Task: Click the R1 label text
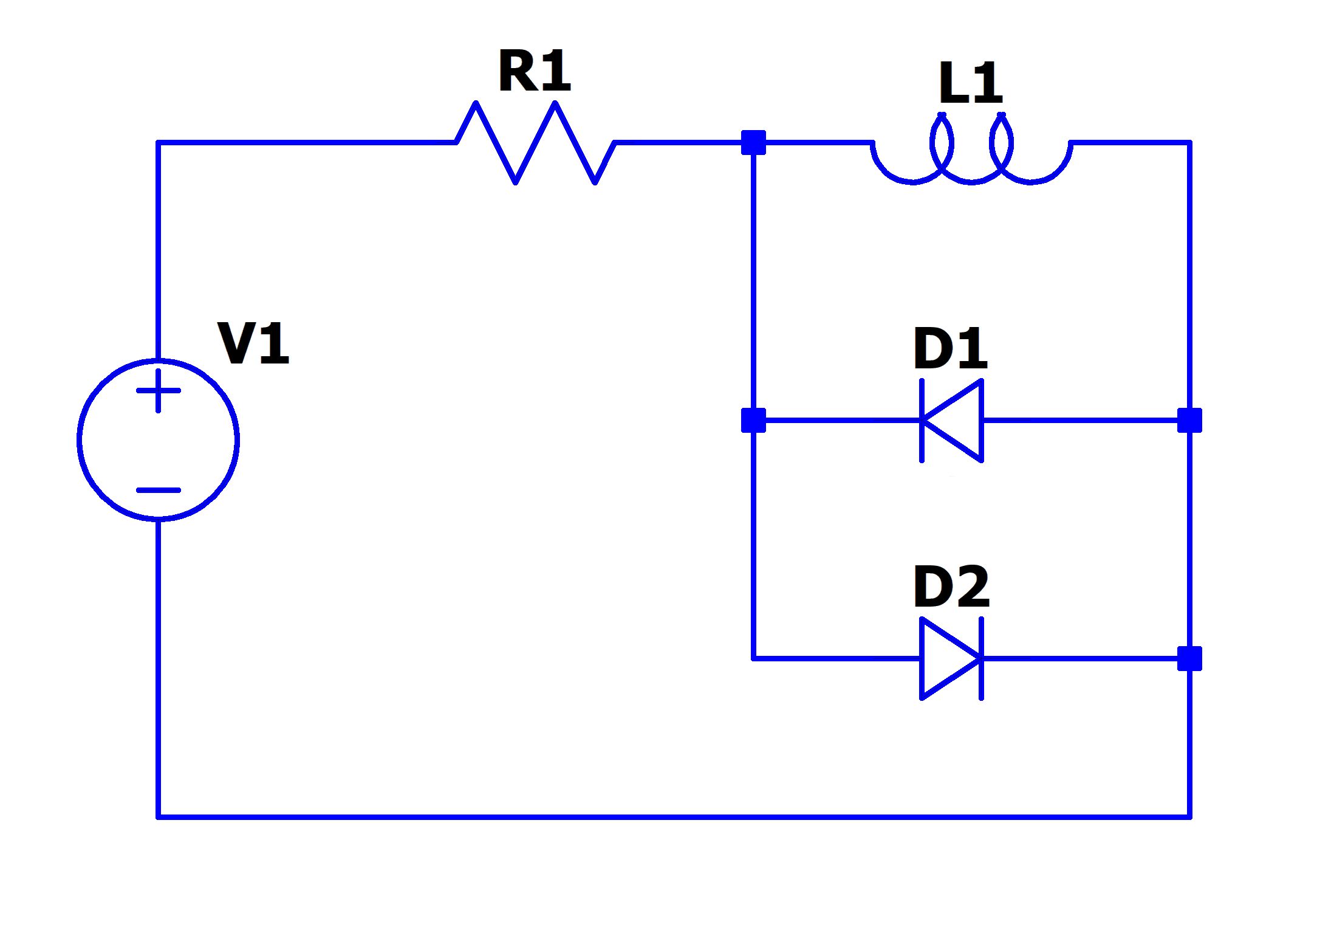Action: (535, 72)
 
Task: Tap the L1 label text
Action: (970, 81)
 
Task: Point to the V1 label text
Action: (253, 343)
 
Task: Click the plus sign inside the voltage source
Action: (159, 391)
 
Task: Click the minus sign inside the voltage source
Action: (159, 490)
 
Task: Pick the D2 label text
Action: (952, 586)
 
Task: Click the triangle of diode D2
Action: (945, 659)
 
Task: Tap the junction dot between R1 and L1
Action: (754, 143)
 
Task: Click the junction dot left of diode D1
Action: (754, 421)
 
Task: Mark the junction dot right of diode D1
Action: (1189, 421)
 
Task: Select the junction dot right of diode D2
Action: (1189, 659)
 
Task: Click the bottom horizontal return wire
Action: (668, 817)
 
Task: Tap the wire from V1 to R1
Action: (304, 143)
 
